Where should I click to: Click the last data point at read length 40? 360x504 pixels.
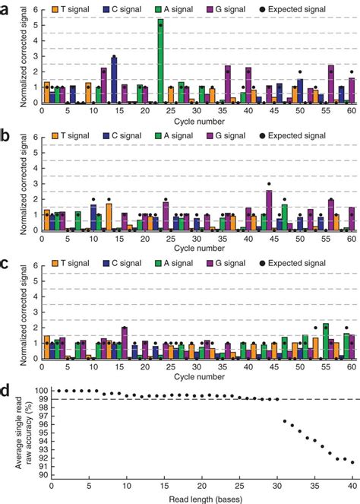pyautogui.click(x=352, y=461)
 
